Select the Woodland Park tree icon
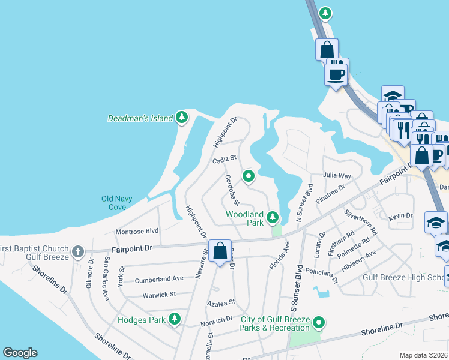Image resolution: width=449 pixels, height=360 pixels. coord(273,216)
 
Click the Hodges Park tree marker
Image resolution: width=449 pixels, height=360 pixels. coord(175,318)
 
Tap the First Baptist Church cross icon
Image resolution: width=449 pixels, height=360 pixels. coord(77,251)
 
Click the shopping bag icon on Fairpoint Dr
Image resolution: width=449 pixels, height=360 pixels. coord(220,251)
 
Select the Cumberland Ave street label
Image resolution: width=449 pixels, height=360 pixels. coord(159,279)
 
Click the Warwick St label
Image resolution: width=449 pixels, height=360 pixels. coord(159,295)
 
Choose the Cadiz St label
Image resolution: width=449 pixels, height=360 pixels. coord(225,160)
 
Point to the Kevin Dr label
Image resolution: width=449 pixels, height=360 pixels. coord(400,216)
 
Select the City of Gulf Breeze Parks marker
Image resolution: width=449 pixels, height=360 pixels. coord(319,323)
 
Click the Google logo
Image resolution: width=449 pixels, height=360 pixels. coord(20,353)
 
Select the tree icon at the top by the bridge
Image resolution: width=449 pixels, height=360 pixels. coord(325,12)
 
